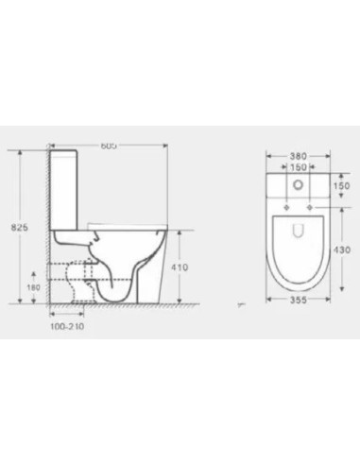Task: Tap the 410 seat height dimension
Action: coord(180,267)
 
